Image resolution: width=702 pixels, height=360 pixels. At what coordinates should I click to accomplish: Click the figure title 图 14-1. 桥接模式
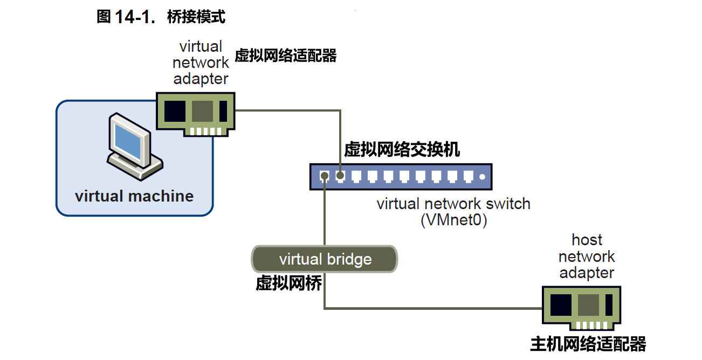[x=160, y=17]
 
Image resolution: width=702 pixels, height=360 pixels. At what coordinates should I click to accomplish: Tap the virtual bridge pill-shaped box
[x=325, y=259]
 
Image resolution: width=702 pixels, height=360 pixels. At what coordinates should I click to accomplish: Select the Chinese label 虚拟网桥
[x=288, y=283]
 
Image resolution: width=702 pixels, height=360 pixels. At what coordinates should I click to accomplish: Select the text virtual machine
[x=134, y=196]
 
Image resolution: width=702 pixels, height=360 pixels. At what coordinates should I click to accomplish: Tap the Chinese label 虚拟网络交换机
[x=402, y=150]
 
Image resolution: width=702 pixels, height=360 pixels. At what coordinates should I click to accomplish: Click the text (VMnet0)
[x=453, y=221]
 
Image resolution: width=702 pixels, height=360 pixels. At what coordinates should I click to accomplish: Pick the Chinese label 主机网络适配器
[x=588, y=343]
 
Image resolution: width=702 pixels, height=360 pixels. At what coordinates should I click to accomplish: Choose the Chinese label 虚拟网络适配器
[x=286, y=56]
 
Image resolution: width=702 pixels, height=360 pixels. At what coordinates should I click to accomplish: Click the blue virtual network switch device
[x=401, y=177]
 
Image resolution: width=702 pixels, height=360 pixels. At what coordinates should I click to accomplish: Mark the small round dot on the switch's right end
[x=483, y=176]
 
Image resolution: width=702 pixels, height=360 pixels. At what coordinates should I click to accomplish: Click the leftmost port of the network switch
[x=325, y=176]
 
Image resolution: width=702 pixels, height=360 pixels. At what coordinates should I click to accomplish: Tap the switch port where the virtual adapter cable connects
[x=340, y=176]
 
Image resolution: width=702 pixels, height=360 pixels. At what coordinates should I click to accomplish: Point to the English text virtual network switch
[x=453, y=204]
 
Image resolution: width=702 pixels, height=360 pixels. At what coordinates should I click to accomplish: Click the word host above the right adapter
[x=587, y=240]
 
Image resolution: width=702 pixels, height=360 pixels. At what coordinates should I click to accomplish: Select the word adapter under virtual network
[x=200, y=79]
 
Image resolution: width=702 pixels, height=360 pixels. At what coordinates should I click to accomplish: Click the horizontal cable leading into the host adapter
[x=431, y=309]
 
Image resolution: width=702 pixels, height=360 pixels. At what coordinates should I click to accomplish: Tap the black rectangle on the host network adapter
[x=561, y=305]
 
